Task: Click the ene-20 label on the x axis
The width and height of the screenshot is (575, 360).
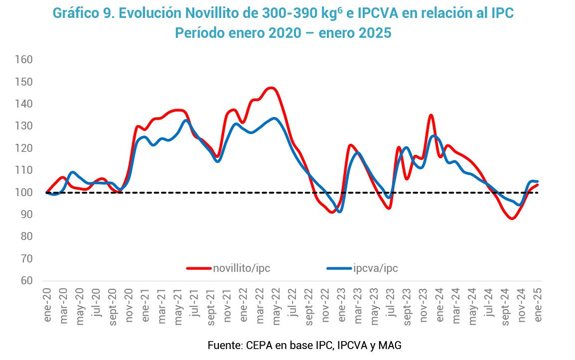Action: point(48,305)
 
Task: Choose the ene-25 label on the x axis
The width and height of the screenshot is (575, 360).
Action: point(538,305)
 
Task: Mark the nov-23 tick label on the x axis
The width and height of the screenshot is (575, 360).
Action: point(424,305)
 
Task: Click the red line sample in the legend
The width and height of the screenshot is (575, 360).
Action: point(199,268)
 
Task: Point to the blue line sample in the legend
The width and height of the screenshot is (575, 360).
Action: point(339,268)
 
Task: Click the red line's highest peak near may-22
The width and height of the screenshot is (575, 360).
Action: point(271,88)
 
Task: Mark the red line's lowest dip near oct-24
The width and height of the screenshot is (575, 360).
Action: point(512,219)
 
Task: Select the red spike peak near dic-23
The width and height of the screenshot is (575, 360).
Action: point(431,115)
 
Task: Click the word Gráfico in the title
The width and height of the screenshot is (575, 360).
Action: point(75,13)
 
